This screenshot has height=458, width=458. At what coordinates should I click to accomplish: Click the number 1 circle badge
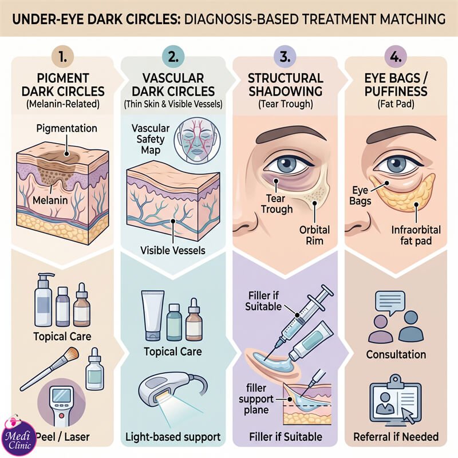(x=63, y=57)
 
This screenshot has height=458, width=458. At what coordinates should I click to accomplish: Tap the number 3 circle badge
(x=285, y=57)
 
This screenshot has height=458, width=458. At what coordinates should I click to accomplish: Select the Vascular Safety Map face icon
(x=197, y=140)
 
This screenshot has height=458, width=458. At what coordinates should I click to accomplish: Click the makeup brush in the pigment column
(x=50, y=368)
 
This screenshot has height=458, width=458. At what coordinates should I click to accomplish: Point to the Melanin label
(x=50, y=200)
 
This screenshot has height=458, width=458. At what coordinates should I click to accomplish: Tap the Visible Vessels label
(x=173, y=250)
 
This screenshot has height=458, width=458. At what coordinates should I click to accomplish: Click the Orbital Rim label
(x=314, y=235)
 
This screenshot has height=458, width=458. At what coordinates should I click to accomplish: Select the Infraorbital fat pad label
(x=416, y=235)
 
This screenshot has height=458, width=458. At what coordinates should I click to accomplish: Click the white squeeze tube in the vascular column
(x=153, y=316)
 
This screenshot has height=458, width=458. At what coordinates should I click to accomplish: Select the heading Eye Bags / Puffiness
(x=396, y=85)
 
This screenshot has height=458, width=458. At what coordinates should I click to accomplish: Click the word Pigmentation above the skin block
(x=66, y=128)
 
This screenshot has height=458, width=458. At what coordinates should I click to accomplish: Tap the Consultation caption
(x=396, y=354)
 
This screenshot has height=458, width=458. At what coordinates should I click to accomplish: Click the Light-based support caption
(x=173, y=437)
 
